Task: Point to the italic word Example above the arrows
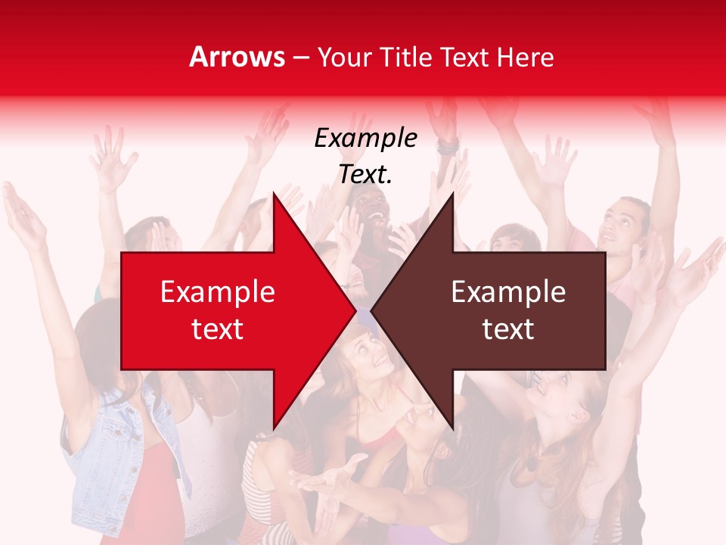[x=365, y=138]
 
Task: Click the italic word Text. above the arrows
[x=365, y=174]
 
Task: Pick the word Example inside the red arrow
[x=218, y=291]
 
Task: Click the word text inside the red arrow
[x=218, y=329]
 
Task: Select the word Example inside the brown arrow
[x=508, y=291]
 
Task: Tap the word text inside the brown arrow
[x=508, y=329]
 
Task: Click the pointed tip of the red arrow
[x=355, y=311]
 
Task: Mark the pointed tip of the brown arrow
[x=371, y=311]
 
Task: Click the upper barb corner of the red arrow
[x=273, y=193]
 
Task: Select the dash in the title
[x=300, y=58]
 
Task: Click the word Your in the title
[x=344, y=57]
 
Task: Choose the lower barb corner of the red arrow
[x=273, y=429]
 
